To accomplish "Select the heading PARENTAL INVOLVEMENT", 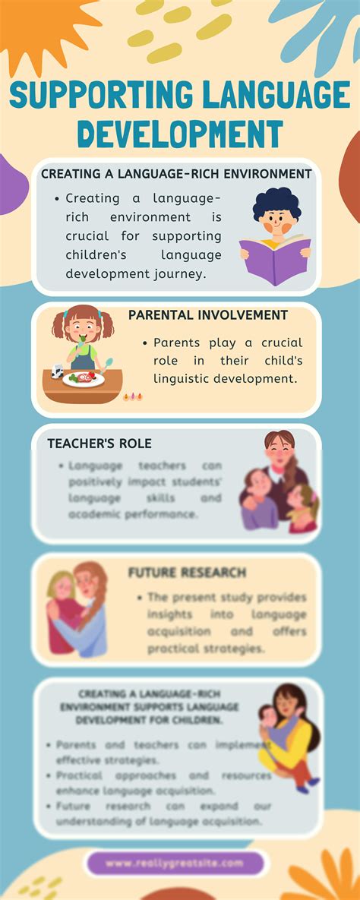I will [x=207, y=315].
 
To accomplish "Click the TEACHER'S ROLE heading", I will [x=99, y=444].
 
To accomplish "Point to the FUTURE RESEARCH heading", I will [x=187, y=572].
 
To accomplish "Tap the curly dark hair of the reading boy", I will [x=276, y=204].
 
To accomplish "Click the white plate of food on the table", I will [x=84, y=378].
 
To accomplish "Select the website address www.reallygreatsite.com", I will [x=175, y=864].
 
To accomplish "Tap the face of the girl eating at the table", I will [x=83, y=330].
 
